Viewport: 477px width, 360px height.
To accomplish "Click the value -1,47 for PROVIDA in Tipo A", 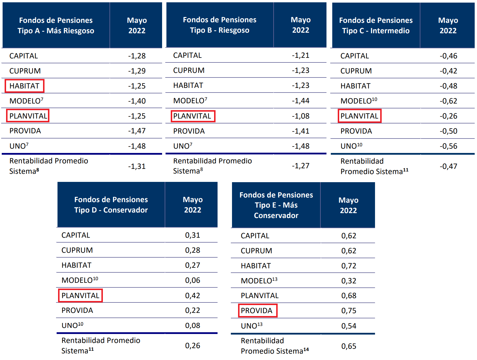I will [137, 131].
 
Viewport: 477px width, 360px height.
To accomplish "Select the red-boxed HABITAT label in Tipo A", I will [24, 86].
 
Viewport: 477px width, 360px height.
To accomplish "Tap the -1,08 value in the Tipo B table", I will [300, 116].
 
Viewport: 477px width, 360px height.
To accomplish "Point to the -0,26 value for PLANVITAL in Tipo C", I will [448, 116].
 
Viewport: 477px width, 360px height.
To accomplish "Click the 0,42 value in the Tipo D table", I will [193, 295].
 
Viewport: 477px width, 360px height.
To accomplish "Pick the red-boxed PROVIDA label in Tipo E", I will [257, 311].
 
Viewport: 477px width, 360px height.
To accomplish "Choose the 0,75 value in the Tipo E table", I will [349, 311].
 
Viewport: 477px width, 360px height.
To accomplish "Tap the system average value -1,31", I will [137, 166].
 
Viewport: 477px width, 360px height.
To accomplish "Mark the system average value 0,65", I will [349, 346].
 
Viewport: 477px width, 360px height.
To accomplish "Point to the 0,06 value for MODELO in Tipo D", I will [193, 280].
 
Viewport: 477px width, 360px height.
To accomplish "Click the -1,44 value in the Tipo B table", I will [300, 101].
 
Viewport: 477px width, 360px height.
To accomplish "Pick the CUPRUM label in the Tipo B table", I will [189, 70].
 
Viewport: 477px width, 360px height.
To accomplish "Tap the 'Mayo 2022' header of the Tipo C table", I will [448, 25].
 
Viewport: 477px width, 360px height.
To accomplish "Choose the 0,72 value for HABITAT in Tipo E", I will [349, 266].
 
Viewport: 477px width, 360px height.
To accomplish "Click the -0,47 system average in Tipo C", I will [448, 166].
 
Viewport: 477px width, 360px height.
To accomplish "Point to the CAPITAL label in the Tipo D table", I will [76, 235].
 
